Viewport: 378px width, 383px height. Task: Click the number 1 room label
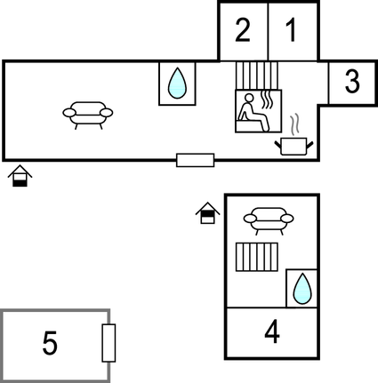292,30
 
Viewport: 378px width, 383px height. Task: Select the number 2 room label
243,30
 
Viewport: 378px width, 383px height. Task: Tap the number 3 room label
352,81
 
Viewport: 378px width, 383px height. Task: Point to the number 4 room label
272,332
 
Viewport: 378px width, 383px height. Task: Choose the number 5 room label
50,343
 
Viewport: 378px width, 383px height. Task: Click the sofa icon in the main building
88,116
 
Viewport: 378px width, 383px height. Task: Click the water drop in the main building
177,84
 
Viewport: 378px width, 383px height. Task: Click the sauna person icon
253,112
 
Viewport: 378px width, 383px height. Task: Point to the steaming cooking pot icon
294,146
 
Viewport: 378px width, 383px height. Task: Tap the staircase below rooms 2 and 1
257,76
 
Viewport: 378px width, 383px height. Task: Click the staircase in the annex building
257,257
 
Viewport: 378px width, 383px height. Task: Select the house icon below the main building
20,176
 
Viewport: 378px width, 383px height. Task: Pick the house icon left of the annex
207,212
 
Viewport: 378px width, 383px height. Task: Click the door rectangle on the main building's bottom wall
196,160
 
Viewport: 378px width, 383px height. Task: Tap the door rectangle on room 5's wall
109,343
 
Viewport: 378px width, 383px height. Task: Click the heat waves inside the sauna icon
267,100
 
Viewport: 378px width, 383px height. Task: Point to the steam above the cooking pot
294,125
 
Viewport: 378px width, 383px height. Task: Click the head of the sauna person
249,98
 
